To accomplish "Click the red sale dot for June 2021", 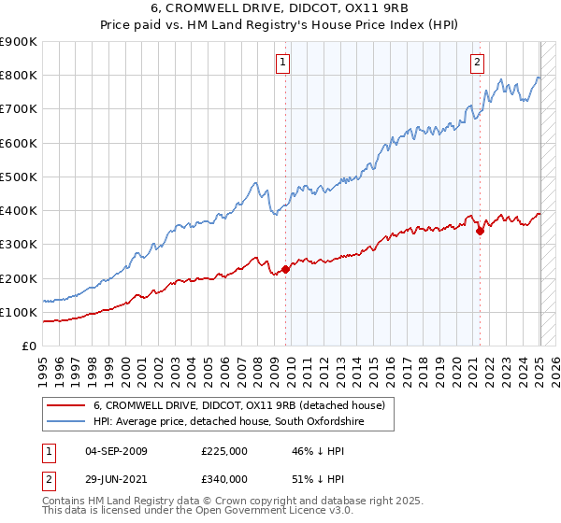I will pyautogui.click(x=480, y=231).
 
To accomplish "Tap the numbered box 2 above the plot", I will pyautogui.click(x=477, y=63).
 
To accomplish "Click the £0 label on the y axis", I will pyautogui.click(x=28, y=346).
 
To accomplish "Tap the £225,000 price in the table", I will pyautogui.click(x=224, y=451).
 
